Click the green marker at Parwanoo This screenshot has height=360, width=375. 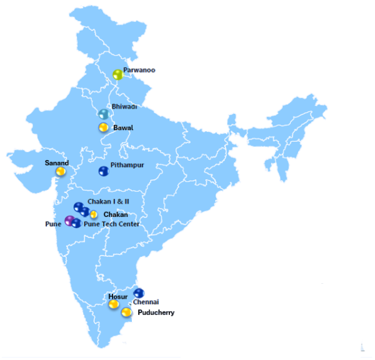(x=117, y=75)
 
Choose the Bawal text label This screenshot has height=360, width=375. (x=124, y=128)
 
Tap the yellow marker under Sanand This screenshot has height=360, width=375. (x=61, y=171)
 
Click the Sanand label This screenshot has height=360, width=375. (x=56, y=162)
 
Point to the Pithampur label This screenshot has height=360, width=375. (x=127, y=166)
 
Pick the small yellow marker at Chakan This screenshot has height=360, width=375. (x=94, y=214)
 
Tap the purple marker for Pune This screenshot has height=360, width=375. (x=69, y=220)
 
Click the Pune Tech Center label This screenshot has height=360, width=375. (x=111, y=224)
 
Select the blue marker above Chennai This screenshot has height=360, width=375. (x=139, y=292)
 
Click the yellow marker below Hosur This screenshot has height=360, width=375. (x=114, y=304)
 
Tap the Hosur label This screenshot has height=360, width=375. (x=117, y=296)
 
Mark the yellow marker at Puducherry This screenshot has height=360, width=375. (x=126, y=312)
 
